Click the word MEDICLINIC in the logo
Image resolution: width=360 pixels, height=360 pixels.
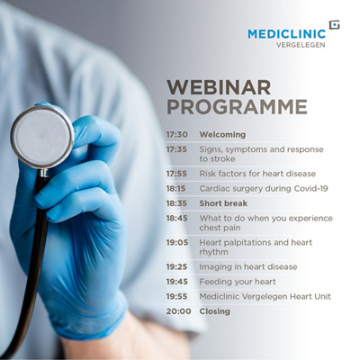(x=285, y=34)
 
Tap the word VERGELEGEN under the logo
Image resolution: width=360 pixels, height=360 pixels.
(x=301, y=46)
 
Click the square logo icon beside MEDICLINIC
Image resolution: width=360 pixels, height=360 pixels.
(x=334, y=26)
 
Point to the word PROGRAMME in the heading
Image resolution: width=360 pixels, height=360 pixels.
(x=237, y=107)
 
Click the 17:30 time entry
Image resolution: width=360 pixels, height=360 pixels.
(x=176, y=134)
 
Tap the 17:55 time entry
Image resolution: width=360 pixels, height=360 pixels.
(x=176, y=173)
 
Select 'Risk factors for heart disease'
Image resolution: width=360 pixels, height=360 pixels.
(x=248, y=173)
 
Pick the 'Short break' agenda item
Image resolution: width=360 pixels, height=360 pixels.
(x=223, y=203)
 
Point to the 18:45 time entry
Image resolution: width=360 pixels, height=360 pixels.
(x=176, y=218)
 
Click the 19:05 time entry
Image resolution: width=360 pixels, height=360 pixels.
(x=176, y=242)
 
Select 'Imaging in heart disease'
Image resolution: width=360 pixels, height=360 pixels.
(x=247, y=266)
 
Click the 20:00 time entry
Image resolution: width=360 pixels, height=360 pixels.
(x=176, y=310)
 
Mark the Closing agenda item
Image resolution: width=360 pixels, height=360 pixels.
(x=215, y=310)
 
